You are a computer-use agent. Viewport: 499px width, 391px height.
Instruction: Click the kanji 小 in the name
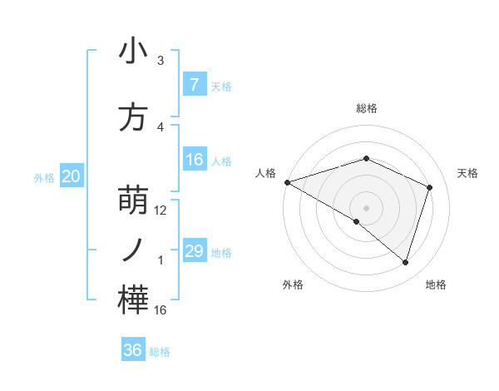[134, 52]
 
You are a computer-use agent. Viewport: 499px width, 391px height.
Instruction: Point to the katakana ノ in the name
[134, 250]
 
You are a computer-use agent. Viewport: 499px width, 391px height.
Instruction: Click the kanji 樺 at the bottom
[134, 301]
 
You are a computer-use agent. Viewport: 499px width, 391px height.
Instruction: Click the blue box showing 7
[194, 84]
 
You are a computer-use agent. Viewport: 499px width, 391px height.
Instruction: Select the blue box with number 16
[194, 160]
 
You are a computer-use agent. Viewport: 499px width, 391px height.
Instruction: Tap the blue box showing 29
[194, 251]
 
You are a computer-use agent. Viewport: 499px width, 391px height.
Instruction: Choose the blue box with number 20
[72, 176]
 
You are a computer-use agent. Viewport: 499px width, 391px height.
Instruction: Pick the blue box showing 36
[132, 350]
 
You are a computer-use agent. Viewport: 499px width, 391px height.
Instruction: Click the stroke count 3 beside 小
[161, 61]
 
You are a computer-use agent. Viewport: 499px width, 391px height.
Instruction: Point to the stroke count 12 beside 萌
[161, 210]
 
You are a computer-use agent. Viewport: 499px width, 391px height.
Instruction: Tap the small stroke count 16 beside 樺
[161, 310]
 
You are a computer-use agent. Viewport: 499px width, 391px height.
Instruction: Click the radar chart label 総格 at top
[366, 108]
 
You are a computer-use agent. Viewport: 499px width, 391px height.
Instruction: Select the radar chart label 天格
[467, 173]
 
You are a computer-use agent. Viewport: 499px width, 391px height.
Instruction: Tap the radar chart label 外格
[293, 285]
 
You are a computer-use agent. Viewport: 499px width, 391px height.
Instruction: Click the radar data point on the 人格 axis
[287, 182]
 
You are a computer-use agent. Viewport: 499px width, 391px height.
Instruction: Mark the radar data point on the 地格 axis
[405, 263]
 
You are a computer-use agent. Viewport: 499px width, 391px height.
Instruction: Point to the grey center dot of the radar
[366, 207]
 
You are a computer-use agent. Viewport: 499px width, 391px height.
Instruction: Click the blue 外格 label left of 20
[44, 177]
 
